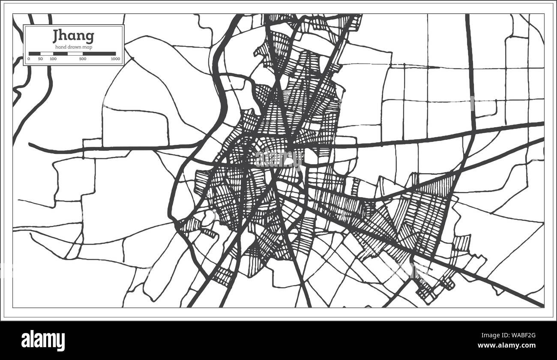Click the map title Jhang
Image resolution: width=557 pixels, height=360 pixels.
(x=73, y=37)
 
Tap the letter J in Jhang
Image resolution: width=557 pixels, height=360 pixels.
(x=56, y=37)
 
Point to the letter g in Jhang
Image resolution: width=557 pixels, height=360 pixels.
(x=90, y=38)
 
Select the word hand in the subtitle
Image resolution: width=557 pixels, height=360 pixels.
(x=60, y=47)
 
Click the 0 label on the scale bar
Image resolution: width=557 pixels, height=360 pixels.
(x=29, y=59)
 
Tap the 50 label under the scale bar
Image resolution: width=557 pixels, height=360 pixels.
(x=40, y=59)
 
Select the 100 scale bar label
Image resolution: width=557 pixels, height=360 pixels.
(x=53, y=59)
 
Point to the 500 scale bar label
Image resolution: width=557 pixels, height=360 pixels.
(x=83, y=59)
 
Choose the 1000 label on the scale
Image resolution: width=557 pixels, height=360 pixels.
(x=114, y=59)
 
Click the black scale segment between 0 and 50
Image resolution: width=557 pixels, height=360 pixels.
(x=34, y=54)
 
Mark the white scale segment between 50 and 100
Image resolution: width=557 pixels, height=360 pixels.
(x=46, y=54)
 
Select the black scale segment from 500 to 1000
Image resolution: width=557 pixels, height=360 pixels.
(x=99, y=54)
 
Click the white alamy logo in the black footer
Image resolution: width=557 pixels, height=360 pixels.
(x=43, y=340)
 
